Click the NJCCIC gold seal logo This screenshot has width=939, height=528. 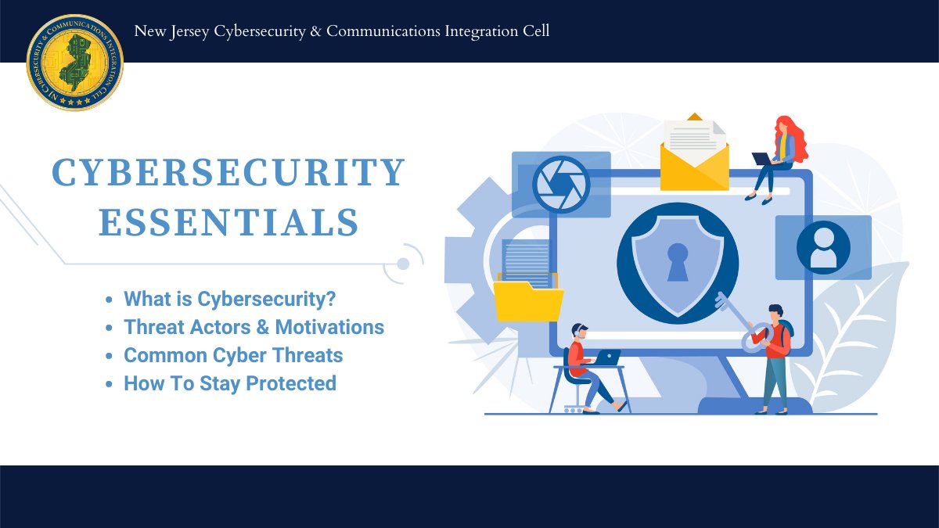point(75,63)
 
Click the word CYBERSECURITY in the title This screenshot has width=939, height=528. point(228,173)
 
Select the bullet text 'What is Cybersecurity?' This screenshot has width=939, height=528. point(235,299)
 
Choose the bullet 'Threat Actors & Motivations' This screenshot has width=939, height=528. point(254,327)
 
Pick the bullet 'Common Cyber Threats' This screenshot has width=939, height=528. point(233,355)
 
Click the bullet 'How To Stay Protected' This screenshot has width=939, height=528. point(230,383)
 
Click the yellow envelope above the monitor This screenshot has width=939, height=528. point(694,160)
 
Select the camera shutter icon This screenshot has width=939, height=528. point(561,184)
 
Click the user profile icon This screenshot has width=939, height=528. point(823,247)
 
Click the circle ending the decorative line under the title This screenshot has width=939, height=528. point(403,264)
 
